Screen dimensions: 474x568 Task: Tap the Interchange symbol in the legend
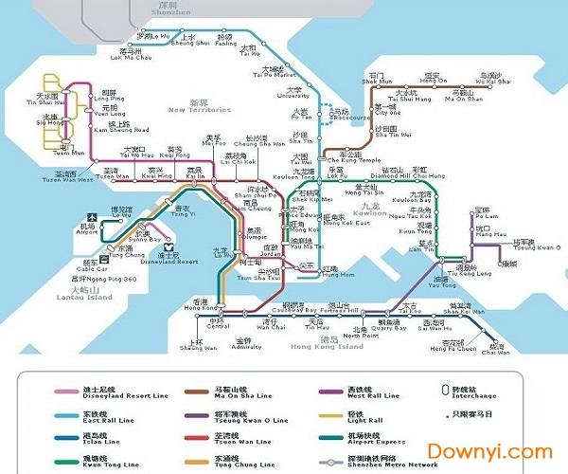(446, 390)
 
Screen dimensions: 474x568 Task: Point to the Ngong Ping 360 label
(103, 279)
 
